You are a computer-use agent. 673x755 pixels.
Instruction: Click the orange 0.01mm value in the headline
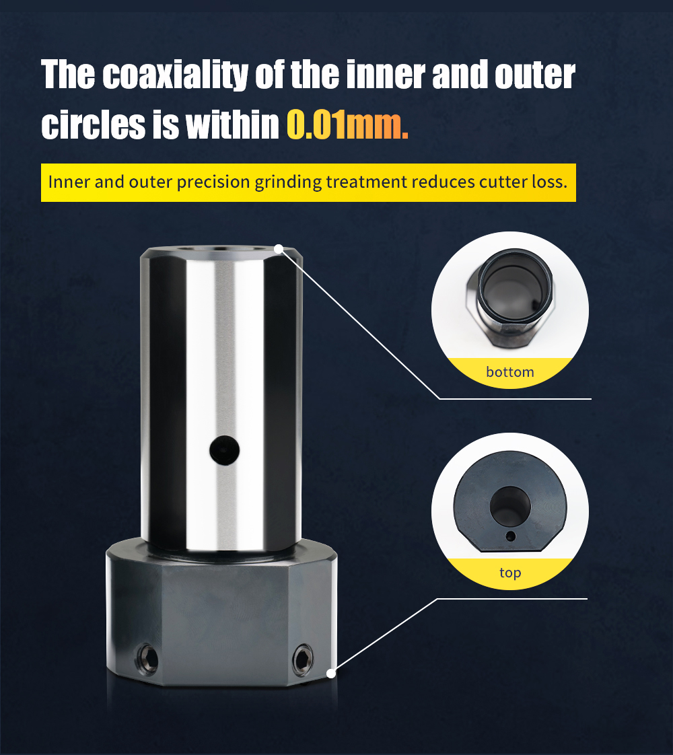point(347,124)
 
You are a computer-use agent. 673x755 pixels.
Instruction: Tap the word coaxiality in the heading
point(175,75)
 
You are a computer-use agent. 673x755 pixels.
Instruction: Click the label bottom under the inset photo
point(510,371)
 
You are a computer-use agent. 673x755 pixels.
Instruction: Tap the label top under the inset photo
point(510,573)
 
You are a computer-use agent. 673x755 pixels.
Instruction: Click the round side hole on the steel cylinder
point(224,450)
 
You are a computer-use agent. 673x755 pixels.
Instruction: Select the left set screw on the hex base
point(147,659)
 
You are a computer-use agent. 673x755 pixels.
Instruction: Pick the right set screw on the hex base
point(303,659)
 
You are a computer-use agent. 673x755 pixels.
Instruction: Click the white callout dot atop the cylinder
point(279,249)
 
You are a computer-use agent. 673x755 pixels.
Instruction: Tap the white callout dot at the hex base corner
point(331,673)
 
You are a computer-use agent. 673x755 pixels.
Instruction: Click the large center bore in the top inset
point(510,505)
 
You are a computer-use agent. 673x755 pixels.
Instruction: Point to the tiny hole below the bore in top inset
point(511,536)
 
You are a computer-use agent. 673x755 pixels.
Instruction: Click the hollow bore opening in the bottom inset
point(514,289)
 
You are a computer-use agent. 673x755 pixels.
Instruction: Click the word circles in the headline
point(94,125)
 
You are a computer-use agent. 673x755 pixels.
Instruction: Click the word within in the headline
point(232,124)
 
